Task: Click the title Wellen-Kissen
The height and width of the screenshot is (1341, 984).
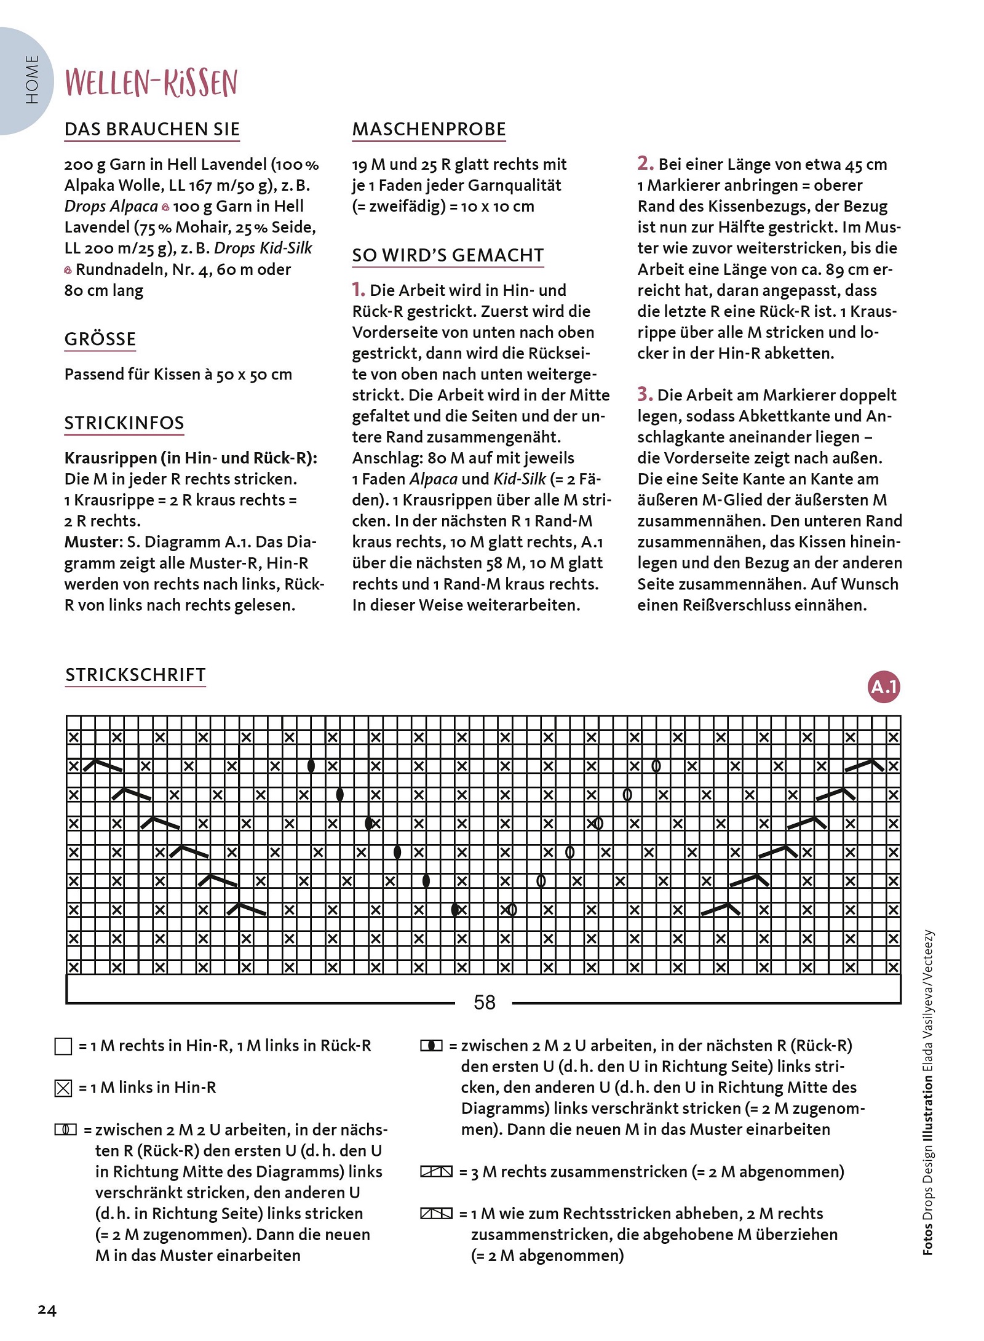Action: tap(151, 82)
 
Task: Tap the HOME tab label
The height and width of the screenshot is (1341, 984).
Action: tap(32, 79)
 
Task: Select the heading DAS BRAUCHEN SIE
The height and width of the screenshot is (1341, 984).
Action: tap(152, 129)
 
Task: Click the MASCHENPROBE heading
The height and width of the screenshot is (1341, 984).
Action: tap(429, 129)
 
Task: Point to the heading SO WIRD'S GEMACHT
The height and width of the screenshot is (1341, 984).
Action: tap(448, 255)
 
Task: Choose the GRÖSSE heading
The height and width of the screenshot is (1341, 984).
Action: tap(100, 339)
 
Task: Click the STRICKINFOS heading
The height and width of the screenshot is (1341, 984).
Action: tap(124, 423)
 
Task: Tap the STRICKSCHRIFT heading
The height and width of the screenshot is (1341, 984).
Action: tap(135, 675)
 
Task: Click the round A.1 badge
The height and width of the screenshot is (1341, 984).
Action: tap(884, 686)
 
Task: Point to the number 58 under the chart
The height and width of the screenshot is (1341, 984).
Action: tap(484, 1003)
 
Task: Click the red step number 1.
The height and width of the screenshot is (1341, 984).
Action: tap(358, 289)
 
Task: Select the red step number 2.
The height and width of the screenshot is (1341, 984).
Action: tap(645, 163)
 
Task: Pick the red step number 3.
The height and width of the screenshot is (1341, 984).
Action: tap(645, 394)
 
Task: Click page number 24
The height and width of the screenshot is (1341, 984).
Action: tap(47, 1310)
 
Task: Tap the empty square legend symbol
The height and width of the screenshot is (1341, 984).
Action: tap(63, 1046)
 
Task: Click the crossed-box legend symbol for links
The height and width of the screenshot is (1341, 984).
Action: tap(63, 1088)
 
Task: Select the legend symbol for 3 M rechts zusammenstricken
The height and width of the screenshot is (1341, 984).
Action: tap(436, 1172)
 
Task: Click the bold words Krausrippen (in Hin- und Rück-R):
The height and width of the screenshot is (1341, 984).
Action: tap(191, 458)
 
